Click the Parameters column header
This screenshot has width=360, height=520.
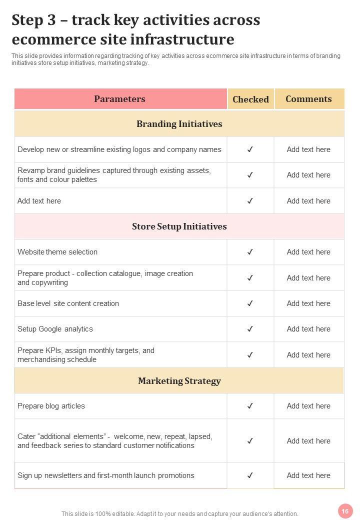click(x=120, y=99)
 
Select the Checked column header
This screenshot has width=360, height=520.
click(x=250, y=99)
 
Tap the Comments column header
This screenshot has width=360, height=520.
click(x=308, y=99)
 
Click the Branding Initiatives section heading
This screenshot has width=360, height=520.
click(x=179, y=124)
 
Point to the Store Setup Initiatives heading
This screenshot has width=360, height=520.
click(x=179, y=226)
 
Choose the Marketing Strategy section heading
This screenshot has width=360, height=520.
click(x=179, y=381)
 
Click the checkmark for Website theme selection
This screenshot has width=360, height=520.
click(x=250, y=252)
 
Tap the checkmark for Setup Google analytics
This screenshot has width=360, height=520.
click(x=250, y=329)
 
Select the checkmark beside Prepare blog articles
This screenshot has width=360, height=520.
click(x=250, y=406)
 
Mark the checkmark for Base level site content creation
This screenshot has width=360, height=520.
click(x=250, y=303)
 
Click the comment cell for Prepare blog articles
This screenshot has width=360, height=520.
click(x=308, y=406)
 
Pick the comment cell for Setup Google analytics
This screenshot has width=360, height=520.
click(x=308, y=329)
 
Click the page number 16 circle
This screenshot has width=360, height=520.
click(x=344, y=511)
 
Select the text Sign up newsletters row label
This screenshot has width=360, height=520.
click(x=105, y=475)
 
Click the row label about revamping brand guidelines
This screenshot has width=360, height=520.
click(x=114, y=175)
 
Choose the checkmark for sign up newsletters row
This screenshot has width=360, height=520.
click(x=250, y=475)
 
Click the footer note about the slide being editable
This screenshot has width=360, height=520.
click(x=179, y=513)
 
